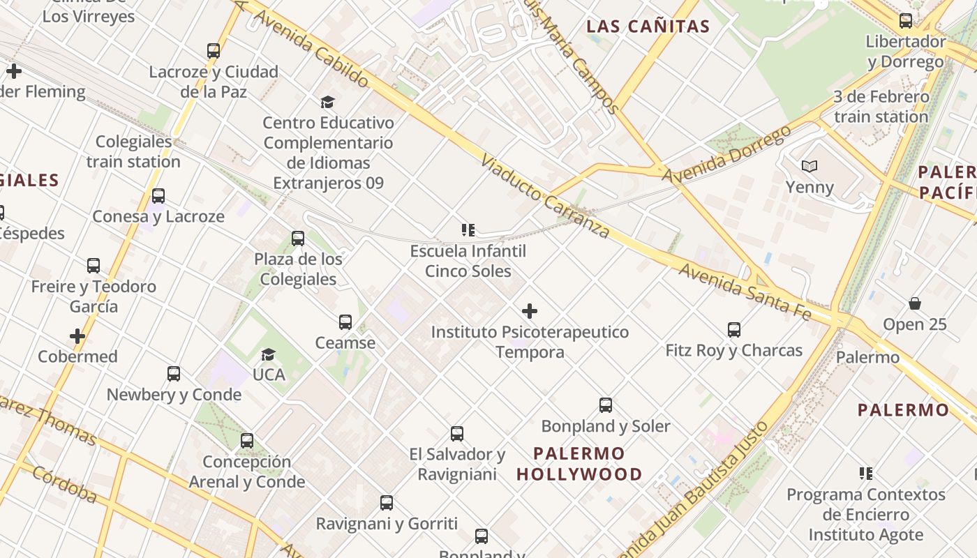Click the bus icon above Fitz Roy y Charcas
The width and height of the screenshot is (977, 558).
tap(733, 329)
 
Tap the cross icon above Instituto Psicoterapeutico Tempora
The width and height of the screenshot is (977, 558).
tap(530, 310)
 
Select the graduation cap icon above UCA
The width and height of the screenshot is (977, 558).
tap(268, 354)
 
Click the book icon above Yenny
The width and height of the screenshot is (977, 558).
tap(809, 166)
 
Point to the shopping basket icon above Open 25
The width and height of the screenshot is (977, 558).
tap(914, 303)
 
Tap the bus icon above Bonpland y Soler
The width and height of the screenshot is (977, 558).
tap(606, 405)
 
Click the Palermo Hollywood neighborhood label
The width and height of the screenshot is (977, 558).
tap(580, 464)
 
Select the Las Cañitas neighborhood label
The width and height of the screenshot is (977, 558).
tap(648, 27)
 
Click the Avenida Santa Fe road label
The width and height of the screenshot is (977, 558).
tap(745, 292)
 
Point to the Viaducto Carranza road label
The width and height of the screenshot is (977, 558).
tap(545, 196)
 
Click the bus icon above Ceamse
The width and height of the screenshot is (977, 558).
tap(345, 322)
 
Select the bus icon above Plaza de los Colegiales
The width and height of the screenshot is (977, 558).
tap(298, 239)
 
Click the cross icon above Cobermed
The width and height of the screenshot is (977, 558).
tap(77, 336)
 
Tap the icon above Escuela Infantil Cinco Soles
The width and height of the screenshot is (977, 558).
tap(468, 229)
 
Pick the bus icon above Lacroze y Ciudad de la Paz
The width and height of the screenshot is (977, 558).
tap(214, 51)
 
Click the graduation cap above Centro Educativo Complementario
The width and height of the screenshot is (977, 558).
tap(327, 102)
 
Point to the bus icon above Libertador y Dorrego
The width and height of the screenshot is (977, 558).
tap(905, 21)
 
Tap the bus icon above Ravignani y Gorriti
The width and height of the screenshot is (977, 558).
tap(386, 502)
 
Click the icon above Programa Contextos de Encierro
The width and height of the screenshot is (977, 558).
tap(865, 474)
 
